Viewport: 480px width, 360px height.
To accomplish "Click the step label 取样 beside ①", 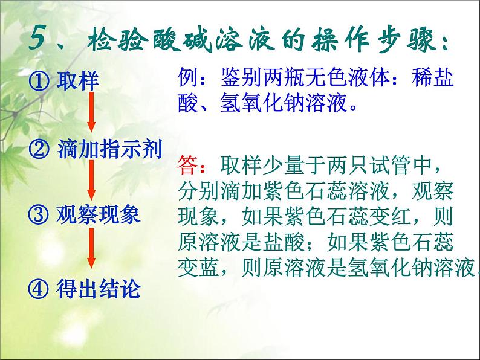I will coord(78,80).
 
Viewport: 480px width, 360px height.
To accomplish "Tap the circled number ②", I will coord(39,149).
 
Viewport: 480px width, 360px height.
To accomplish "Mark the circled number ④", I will coord(39,289).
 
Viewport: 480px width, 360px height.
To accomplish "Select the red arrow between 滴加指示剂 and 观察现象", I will coord(91,181).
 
